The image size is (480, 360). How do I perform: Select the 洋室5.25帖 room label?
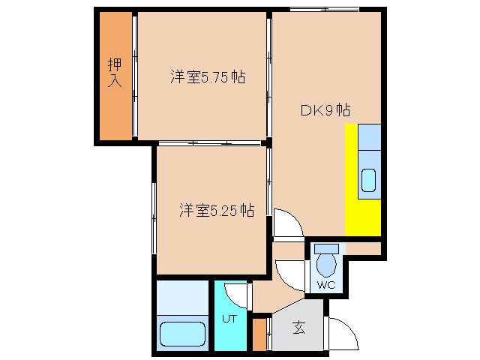tap(215, 211)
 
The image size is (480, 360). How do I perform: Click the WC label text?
tap(325, 286)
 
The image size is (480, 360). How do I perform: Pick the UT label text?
tap(229, 318)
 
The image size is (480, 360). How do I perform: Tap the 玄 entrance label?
tap(298, 327)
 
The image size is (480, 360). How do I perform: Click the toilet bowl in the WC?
tap(325, 265)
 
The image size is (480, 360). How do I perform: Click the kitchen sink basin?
tap(370, 181)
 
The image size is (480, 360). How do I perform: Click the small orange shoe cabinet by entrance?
tap(260, 334)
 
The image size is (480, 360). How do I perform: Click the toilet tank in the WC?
tap(326, 248)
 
